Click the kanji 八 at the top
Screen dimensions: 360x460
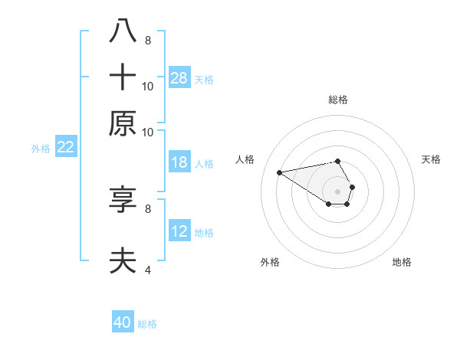click(x=123, y=31)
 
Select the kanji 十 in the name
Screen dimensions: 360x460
click(x=123, y=77)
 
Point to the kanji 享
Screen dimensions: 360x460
click(x=123, y=200)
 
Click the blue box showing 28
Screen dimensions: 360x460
click(x=179, y=77)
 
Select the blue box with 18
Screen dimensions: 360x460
click(x=179, y=162)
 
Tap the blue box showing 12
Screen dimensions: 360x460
click(x=179, y=231)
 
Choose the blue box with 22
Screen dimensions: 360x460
click(x=65, y=148)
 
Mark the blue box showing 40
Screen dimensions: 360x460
click(x=123, y=322)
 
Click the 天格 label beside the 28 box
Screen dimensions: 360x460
click(x=204, y=79)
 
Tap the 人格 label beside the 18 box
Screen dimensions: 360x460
click(x=204, y=163)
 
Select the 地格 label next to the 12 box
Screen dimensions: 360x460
click(x=204, y=232)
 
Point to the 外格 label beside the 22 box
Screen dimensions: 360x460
click(x=40, y=149)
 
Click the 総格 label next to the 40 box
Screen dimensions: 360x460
click(x=147, y=324)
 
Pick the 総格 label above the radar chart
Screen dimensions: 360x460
click(x=338, y=100)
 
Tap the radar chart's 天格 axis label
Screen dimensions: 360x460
click(x=431, y=159)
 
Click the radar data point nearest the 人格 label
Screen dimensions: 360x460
click(x=279, y=172)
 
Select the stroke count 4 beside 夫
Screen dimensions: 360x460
click(x=148, y=270)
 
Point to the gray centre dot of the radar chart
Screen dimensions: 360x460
click(x=338, y=191)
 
